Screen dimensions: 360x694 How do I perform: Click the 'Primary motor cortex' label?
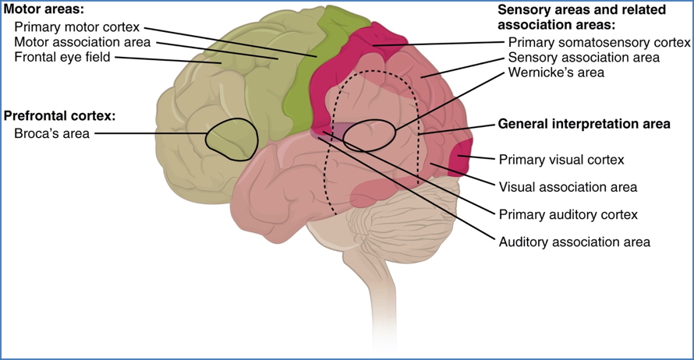(76, 27)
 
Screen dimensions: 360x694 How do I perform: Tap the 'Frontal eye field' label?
(63, 58)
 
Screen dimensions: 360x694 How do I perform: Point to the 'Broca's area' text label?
(51, 133)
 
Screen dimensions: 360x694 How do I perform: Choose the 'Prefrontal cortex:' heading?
(60, 116)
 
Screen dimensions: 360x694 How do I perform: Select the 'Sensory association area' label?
(583, 58)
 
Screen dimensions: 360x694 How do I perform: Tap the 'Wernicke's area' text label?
(556, 72)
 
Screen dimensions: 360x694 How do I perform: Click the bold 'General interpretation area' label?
(583, 123)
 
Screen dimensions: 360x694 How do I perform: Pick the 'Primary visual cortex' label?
(561, 160)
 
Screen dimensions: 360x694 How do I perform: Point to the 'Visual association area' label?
(568, 187)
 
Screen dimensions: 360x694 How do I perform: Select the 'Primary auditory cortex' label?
(568, 214)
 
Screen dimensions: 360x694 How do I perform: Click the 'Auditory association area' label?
(574, 242)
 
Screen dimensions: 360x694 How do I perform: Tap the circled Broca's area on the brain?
(230, 139)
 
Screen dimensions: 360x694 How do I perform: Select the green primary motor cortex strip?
(300, 90)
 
